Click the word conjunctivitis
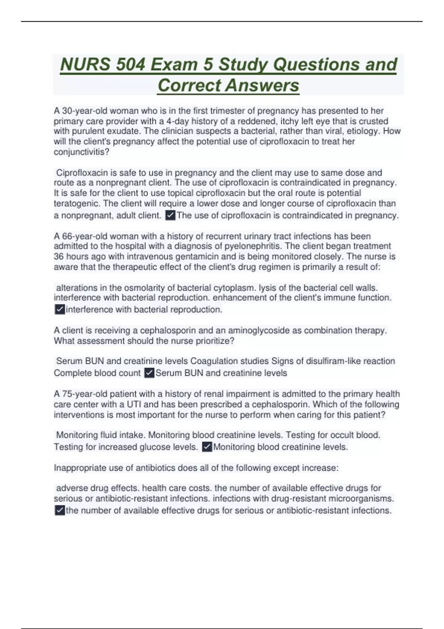click(x=81, y=152)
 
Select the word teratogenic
click(x=77, y=203)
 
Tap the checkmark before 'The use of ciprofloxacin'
click(x=170, y=215)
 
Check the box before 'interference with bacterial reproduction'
click(x=60, y=310)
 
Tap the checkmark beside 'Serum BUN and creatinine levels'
click(x=149, y=373)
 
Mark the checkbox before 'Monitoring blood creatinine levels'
click(x=207, y=447)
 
